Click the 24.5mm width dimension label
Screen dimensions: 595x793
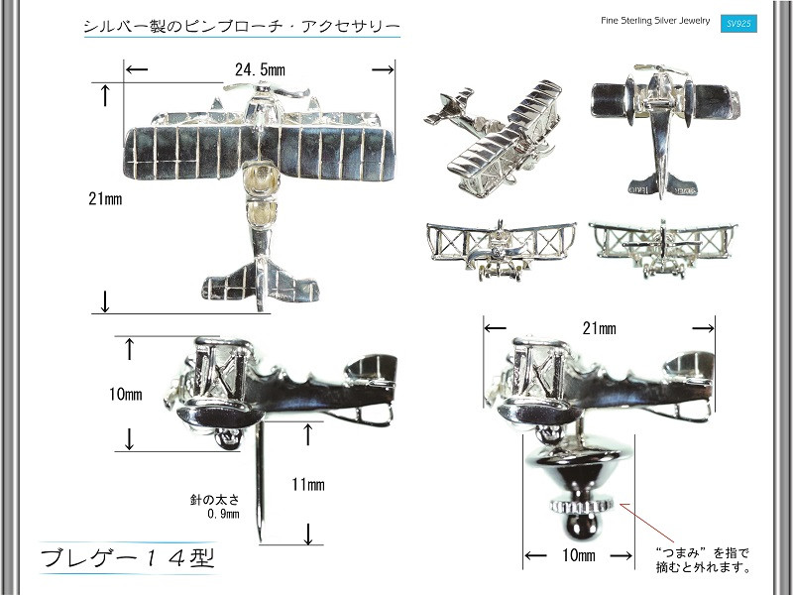[x=260, y=69]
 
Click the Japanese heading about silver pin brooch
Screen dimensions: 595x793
[x=242, y=24]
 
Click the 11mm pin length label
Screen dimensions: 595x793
[x=308, y=485]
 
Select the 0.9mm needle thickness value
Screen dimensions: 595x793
[x=223, y=514]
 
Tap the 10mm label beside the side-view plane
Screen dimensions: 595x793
[x=126, y=394]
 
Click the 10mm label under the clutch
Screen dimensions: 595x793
[x=578, y=556]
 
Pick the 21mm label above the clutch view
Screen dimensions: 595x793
[x=599, y=328]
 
